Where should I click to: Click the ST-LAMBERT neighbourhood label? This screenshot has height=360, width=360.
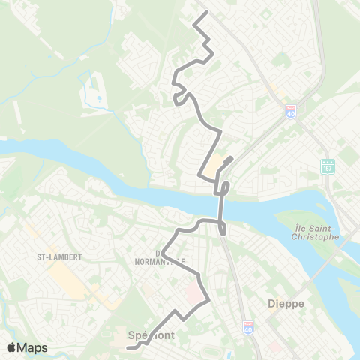pyautogui.click(x=58, y=256)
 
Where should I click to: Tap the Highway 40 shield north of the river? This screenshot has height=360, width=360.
pyautogui.click(x=290, y=112)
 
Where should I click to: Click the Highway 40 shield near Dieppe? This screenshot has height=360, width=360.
pyautogui.click(x=248, y=328)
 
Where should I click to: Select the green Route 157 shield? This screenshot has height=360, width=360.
pyautogui.click(x=327, y=165)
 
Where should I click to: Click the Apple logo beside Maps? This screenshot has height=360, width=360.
pyautogui.click(x=11, y=347)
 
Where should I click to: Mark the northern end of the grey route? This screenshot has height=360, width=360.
pyautogui.click(x=207, y=13)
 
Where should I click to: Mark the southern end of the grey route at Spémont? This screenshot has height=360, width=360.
pyautogui.click(x=127, y=347)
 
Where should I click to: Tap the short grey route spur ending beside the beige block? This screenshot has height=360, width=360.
pyautogui.click(x=232, y=157)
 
